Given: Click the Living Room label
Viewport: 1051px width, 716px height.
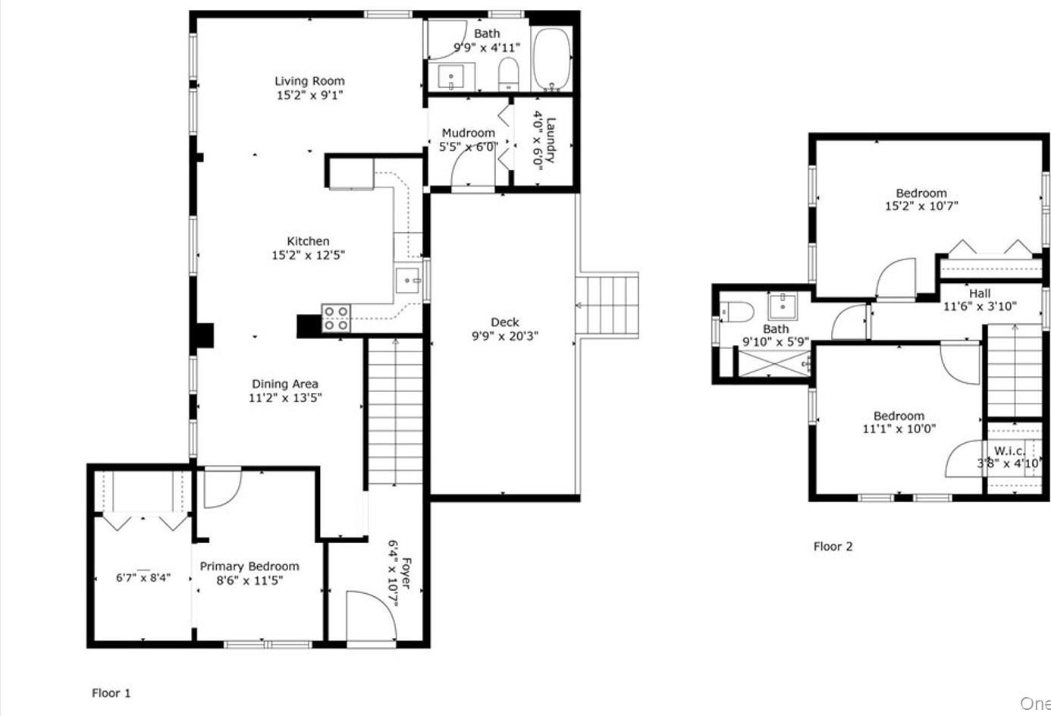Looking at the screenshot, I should click(309, 80).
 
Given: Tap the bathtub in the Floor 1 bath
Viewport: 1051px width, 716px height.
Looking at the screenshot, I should click(551, 59).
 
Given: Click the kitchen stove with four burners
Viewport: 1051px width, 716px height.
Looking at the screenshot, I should click(336, 318).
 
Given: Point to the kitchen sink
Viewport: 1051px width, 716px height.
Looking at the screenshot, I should click(409, 281).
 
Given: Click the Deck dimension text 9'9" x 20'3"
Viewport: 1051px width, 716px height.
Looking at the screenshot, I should click(504, 336).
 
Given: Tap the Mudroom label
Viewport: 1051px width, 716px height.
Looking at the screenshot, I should click(468, 133).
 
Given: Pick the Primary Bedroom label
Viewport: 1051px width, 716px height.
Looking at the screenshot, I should click(249, 567).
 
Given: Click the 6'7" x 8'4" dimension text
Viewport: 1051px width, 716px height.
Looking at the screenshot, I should click(143, 578).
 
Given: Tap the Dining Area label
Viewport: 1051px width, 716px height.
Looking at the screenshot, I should click(285, 384).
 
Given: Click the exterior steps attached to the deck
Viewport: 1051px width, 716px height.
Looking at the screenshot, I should click(607, 305).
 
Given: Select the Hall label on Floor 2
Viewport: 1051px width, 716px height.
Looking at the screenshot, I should click(979, 294).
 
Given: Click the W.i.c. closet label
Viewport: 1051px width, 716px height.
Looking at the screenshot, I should click(1009, 451).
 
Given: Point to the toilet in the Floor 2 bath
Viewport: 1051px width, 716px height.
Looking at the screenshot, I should click(736, 311).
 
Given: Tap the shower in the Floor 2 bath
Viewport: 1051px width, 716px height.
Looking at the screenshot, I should click(773, 363).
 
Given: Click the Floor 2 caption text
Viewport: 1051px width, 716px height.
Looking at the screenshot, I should click(833, 546).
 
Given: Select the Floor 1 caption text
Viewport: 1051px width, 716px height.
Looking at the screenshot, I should click(111, 692).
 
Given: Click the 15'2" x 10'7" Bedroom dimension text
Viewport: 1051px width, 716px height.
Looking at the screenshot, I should click(921, 206).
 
